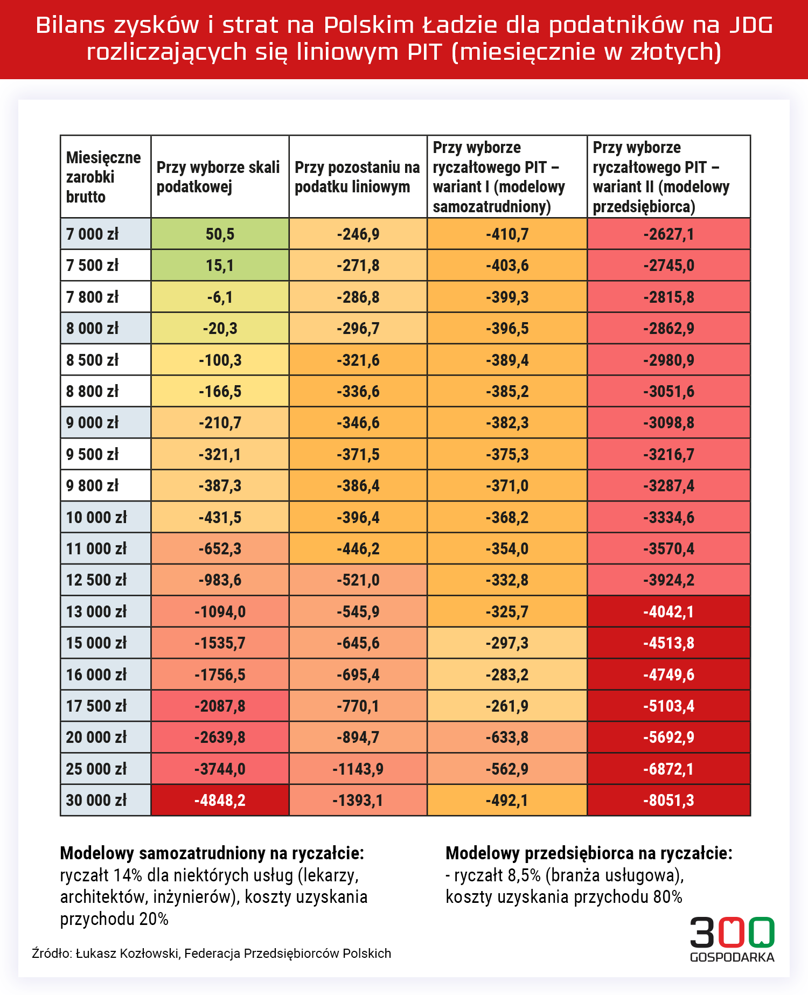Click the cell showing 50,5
(x=220, y=234)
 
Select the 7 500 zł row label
(x=92, y=265)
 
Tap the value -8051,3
(x=668, y=800)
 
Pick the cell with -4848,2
(x=220, y=800)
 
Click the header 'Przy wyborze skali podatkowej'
(x=218, y=177)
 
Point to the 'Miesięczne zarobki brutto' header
(x=103, y=177)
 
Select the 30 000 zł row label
(x=96, y=800)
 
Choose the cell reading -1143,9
(x=358, y=769)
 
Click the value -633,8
(x=507, y=737)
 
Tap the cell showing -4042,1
(x=668, y=611)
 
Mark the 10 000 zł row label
(x=96, y=517)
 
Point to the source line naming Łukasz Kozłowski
(x=212, y=953)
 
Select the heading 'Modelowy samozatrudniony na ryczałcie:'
(x=212, y=853)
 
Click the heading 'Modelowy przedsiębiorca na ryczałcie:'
(x=589, y=853)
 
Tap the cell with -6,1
(x=220, y=297)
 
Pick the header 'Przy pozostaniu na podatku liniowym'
(x=357, y=177)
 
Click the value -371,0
(x=507, y=485)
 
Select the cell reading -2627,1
(x=668, y=234)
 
